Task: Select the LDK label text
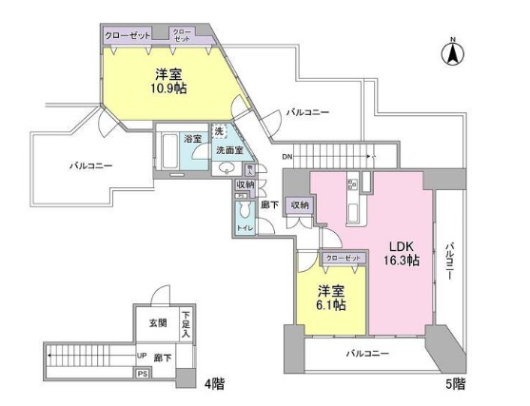[399, 243]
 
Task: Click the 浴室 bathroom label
[193, 139]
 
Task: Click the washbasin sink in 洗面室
[226, 168]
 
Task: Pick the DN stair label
[287, 157]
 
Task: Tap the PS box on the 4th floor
[142, 375]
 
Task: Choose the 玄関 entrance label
[157, 323]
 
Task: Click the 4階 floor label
[215, 385]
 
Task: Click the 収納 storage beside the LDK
[300, 205]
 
